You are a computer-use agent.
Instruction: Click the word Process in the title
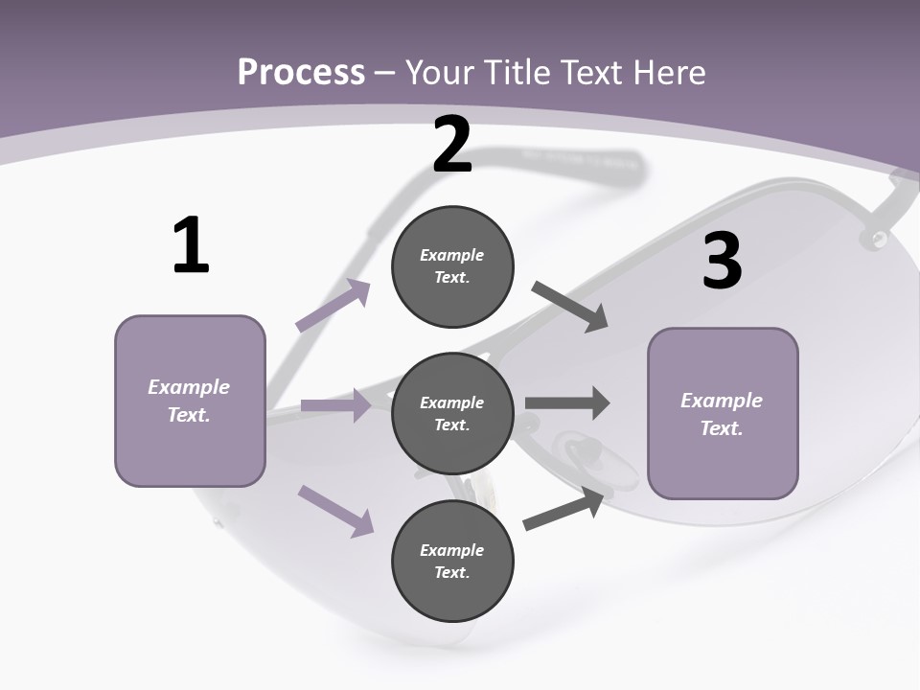point(301,72)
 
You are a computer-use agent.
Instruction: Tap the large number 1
point(191,245)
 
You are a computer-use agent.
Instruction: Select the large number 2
point(452,146)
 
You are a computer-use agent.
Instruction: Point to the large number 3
point(722,261)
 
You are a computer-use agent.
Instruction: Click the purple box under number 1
point(190,401)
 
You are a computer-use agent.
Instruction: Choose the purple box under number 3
point(723,413)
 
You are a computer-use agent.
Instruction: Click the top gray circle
point(452,266)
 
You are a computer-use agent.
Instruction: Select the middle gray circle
point(452,413)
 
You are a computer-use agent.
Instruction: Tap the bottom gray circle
point(452,561)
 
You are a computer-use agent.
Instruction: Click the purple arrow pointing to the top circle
point(333,306)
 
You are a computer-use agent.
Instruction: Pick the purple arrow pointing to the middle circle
point(335,405)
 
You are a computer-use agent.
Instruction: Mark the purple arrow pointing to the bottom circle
point(335,510)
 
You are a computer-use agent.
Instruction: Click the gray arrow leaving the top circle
point(570,307)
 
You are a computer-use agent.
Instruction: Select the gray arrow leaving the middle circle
point(567,403)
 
